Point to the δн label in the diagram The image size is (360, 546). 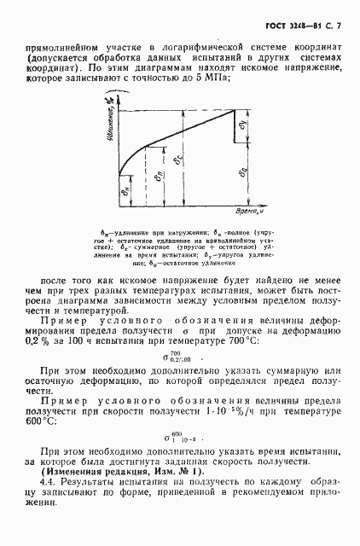pos(125,194)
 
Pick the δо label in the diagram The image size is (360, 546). pos(244,173)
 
